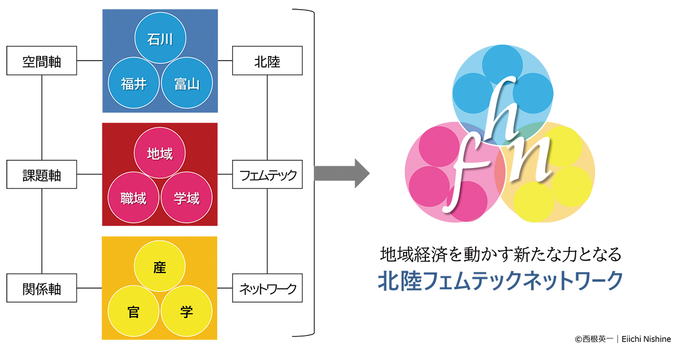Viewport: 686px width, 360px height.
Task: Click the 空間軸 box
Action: tap(42, 61)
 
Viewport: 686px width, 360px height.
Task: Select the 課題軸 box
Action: tap(42, 175)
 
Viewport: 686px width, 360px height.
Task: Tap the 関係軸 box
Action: tap(42, 289)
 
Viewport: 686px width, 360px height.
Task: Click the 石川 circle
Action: tap(160, 39)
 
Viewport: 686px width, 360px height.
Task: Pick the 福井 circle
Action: tap(134, 85)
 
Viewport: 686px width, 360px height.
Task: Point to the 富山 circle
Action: tap(187, 85)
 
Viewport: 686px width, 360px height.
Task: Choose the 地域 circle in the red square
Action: tap(160, 153)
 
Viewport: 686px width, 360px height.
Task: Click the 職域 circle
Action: tap(134, 198)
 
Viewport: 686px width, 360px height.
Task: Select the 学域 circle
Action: tap(187, 198)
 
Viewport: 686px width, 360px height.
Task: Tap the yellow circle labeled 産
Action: tap(160, 267)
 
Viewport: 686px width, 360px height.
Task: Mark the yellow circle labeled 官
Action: tap(134, 312)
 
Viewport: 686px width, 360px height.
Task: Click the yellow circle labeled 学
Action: tap(187, 312)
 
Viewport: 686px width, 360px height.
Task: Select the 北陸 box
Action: tap(267, 61)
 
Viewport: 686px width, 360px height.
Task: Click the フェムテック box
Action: tap(267, 175)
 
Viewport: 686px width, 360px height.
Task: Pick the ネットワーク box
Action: tap(267, 289)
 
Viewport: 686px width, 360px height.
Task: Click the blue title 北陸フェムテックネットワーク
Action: tap(500, 281)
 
